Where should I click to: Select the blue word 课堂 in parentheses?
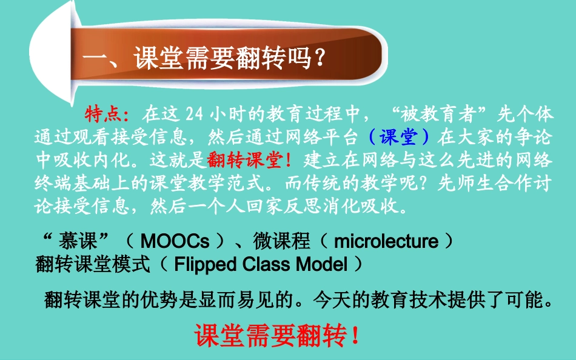coord(398,137)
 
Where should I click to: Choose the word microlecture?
coord(386,242)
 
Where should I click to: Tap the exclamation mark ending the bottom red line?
coord(355,335)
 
